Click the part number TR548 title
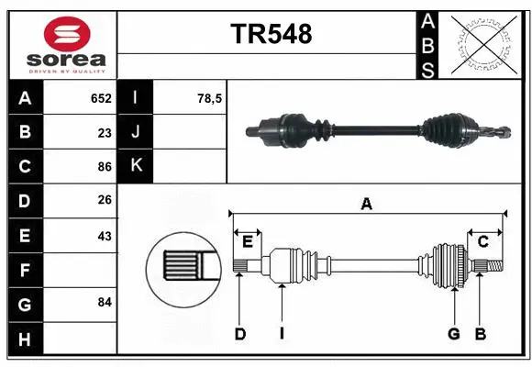point(271,34)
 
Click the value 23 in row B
point(105,132)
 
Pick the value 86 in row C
point(105,167)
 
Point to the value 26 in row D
point(105,201)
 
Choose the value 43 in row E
point(105,235)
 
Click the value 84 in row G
point(105,302)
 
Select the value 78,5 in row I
point(210,98)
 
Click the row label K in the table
point(136,166)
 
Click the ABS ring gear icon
point(485,44)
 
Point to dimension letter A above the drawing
point(367,205)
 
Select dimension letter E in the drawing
point(247,241)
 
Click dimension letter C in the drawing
point(482,241)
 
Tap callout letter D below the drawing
point(239,334)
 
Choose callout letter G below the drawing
point(453,334)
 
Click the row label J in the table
point(136,132)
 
